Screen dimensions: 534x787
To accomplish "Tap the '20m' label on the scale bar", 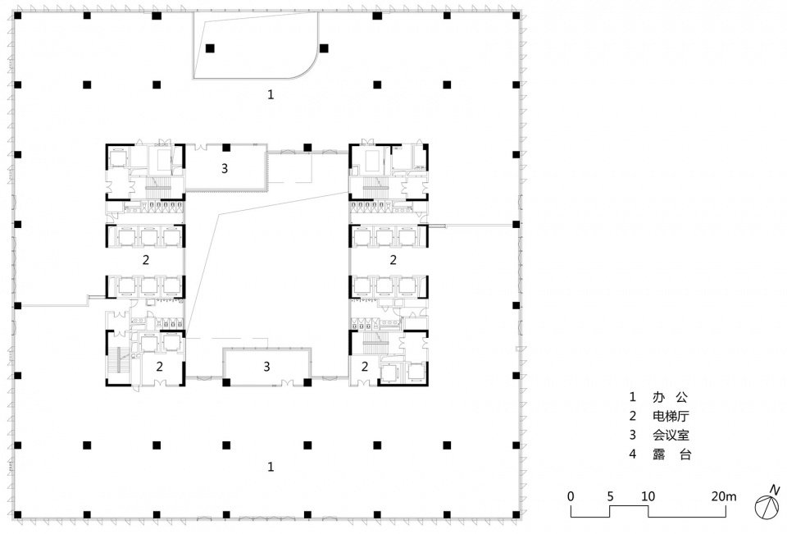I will [725, 495].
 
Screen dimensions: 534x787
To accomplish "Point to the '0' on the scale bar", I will [571, 495].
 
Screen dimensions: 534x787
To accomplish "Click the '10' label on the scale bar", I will [648, 495].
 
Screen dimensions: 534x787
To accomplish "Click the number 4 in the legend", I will [632, 454].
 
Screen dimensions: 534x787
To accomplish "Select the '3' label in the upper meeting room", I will [223, 170].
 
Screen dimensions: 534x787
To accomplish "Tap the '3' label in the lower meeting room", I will [267, 366].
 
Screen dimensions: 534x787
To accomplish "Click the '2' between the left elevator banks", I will [146, 261].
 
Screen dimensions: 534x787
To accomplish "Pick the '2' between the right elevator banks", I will [393, 261].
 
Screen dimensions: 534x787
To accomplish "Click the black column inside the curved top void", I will [211, 48].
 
